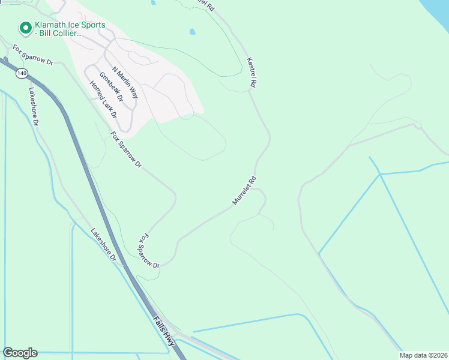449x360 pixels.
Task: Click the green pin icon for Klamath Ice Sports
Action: (25, 28)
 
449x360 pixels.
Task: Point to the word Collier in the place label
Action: (68, 34)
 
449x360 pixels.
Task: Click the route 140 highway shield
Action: (22, 73)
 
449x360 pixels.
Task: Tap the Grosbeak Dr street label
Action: (110, 86)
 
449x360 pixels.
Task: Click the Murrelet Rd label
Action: (244, 191)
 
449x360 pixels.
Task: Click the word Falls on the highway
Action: (158, 326)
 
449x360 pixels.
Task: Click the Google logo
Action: (20, 353)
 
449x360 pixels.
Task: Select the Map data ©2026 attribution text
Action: (423, 355)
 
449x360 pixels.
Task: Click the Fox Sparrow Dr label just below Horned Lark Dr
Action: (126, 148)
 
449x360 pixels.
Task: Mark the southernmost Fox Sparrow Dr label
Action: (149, 251)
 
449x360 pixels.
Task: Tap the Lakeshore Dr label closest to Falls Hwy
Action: (103, 244)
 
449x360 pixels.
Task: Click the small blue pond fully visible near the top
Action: (192, 32)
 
